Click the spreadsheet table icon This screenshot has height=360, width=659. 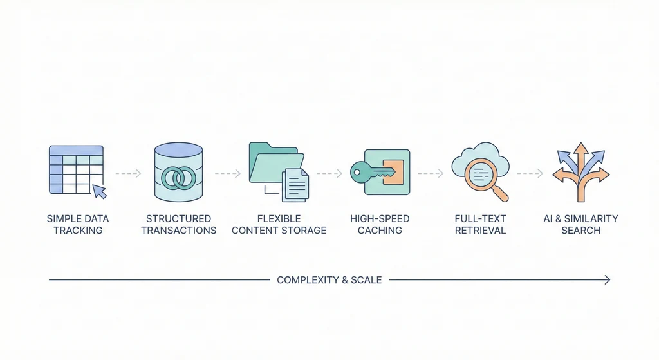[76, 169]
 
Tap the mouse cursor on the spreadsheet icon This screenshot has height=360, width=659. [99, 191]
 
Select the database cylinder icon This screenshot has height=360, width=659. [179, 171]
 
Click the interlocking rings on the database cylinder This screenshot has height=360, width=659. [179, 178]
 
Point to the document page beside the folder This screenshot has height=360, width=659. [296, 185]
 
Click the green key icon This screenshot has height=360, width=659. [372, 172]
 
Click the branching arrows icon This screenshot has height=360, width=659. [581, 171]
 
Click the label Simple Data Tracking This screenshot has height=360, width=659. [78, 225]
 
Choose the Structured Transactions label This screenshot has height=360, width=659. [179, 225]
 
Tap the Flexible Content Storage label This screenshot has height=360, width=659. [279, 225]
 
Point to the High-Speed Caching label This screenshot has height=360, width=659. [380, 225]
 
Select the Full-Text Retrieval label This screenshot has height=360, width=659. [480, 225]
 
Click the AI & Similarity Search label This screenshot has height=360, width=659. [581, 225]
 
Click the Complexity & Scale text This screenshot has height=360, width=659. [329, 280]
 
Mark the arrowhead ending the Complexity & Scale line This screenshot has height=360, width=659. [608, 279]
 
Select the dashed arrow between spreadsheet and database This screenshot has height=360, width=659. [128, 173]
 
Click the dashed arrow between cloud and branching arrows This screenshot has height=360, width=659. [530, 173]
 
